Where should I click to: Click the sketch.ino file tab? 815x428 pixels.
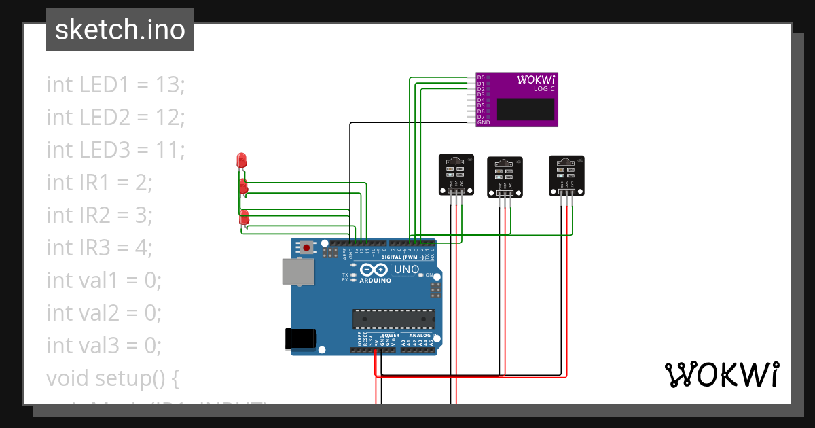click(120, 30)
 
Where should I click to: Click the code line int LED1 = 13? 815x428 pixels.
click(115, 85)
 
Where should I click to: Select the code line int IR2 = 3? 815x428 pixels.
click(99, 215)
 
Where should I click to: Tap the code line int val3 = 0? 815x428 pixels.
click(104, 346)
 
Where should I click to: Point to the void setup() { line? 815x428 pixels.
click(113, 378)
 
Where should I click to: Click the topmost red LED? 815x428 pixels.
click(240, 161)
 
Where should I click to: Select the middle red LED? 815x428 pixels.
click(243, 187)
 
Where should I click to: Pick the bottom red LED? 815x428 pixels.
click(244, 218)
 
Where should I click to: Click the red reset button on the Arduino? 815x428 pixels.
click(307, 248)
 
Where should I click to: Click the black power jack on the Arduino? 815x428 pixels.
click(301, 338)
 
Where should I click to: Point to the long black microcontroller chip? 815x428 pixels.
click(393, 319)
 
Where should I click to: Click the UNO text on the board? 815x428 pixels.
click(406, 270)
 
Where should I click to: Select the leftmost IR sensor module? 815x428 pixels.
click(454, 174)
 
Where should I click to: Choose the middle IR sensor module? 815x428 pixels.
click(504, 176)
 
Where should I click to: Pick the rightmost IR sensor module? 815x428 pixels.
click(566, 175)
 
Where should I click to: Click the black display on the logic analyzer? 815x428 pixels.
click(525, 109)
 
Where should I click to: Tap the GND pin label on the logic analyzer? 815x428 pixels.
click(483, 123)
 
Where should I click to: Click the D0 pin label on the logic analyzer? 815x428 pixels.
click(481, 77)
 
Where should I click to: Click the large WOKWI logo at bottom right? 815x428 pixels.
click(721, 374)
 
